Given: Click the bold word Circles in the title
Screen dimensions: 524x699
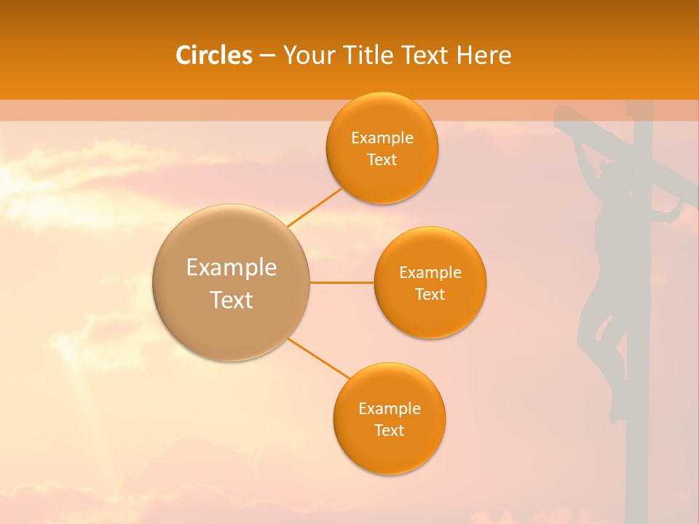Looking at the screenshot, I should tap(214, 55).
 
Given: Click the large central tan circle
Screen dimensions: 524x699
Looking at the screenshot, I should tap(232, 282).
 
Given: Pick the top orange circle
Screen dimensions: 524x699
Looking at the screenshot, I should tap(382, 148).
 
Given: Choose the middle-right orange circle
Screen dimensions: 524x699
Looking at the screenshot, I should tap(430, 282).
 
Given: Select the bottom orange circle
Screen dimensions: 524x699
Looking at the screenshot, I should tap(389, 418).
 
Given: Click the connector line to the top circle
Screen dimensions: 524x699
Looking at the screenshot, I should tap(315, 207).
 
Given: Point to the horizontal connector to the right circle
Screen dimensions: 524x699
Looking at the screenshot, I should tap(342, 282).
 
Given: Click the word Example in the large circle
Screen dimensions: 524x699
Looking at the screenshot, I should tap(232, 268).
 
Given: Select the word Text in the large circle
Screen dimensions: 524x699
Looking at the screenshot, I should tap(232, 300).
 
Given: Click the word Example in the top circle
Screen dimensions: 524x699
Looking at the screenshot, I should tap(382, 138).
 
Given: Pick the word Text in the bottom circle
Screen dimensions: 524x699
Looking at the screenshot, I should tap(389, 430).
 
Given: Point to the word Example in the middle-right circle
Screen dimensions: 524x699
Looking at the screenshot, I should tap(430, 273).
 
